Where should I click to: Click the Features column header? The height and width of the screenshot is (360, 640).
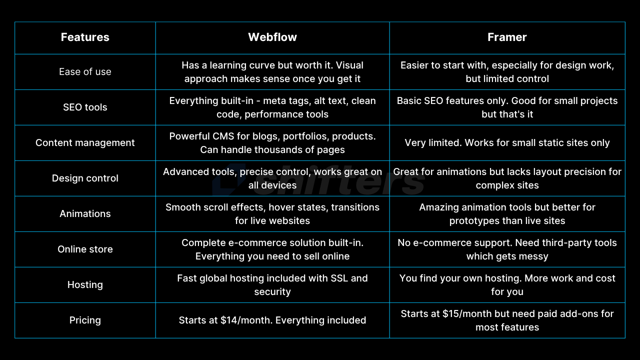[85, 37]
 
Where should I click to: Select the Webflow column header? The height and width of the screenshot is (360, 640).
[272, 37]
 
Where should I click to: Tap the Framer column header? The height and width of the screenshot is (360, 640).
[507, 37]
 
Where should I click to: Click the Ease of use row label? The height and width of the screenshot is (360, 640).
[85, 71]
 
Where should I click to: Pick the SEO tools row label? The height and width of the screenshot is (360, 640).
[85, 107]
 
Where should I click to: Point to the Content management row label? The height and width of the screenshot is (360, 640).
[85, 142]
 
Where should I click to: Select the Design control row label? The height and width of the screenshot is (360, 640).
[85, 178]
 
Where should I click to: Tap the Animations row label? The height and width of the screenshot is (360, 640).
[85, 213]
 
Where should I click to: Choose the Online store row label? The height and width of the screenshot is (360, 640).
[85, 249]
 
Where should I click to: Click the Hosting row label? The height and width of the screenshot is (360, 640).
[85, 284]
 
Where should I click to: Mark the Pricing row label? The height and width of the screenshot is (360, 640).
[85, 320]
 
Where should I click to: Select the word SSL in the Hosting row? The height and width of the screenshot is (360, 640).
[339, 278]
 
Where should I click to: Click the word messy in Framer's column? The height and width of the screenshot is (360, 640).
[534, 256]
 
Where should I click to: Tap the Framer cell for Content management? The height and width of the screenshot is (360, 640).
[507, 142]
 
